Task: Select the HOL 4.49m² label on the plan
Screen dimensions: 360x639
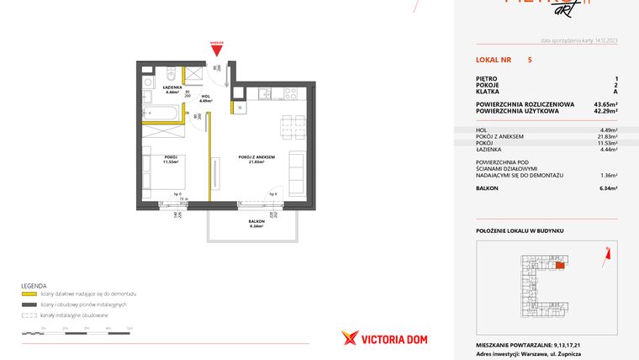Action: (205, 99)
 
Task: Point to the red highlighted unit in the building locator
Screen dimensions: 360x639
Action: (561, 265)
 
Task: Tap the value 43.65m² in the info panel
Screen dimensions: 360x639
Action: (605, 103)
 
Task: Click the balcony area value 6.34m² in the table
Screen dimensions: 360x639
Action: (608, 188)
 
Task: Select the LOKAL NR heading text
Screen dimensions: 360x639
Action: (492, 61)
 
